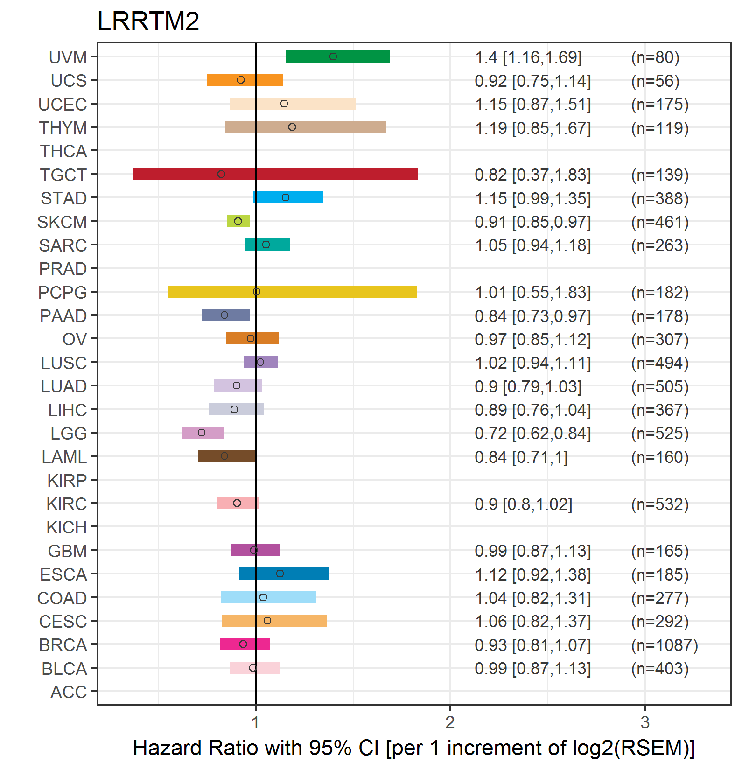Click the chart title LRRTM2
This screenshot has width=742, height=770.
point(148,21)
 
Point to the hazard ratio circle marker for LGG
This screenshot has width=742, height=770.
point(202,433)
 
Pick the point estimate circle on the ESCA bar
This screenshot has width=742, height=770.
point(280,574)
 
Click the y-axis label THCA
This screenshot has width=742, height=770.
point(63,151)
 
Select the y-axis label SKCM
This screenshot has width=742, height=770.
point(62,222)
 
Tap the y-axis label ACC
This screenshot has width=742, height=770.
point(69,692)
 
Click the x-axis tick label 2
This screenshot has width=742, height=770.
point(450,722)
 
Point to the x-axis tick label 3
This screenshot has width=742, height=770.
point(645,722)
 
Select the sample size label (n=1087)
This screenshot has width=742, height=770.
point(665,645)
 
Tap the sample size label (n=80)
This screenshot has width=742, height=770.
point(655,57)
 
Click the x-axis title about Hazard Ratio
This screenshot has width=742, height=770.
point(413,748)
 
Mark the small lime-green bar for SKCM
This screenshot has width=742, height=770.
point(238,221)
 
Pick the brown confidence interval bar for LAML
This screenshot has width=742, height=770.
point(227,456)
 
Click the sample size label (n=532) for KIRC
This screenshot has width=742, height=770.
point(660,504)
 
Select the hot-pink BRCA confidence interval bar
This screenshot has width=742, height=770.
point(245,644)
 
